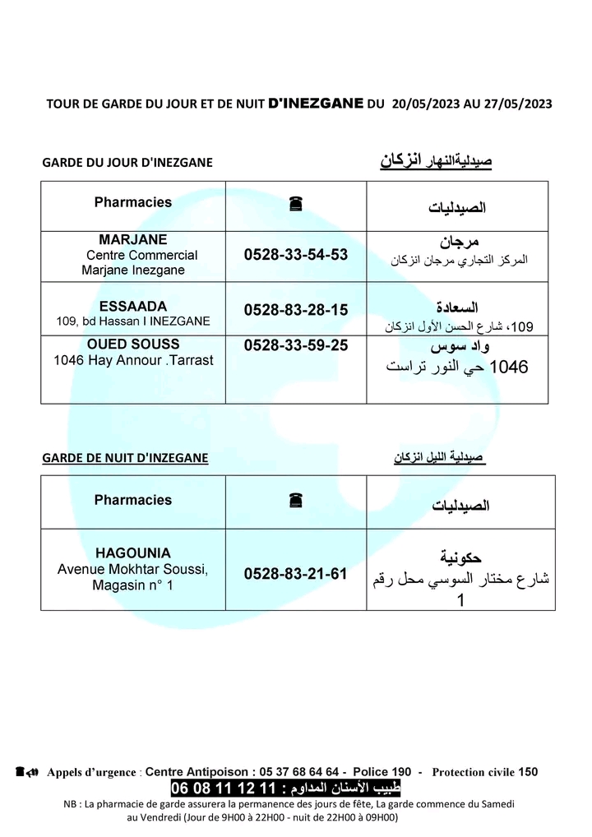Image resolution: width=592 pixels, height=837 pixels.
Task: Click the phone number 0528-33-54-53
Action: pyautogui.click(x=296, y=256)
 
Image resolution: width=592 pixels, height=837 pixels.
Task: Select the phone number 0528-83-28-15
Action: pyautogui.click(x=296, y=310)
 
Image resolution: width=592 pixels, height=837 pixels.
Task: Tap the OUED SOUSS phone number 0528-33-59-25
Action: pyautogui.click(x=296, y=346)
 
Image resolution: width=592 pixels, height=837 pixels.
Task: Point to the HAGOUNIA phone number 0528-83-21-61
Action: pyautogui.click(x=296, y=574)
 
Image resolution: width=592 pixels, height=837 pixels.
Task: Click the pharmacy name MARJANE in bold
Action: pyautogui.click(x=133, y=240)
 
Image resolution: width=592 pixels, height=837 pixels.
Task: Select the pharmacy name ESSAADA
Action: pyautogui.click(x=133, y=306)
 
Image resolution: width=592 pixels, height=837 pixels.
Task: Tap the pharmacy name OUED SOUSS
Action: pyautogui.click(x=133, y=345)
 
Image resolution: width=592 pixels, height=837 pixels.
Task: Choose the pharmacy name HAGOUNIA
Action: pyautogui.click(x=133, y=553)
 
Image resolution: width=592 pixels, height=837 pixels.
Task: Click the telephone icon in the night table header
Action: pyautogui.click(x=296, y=500)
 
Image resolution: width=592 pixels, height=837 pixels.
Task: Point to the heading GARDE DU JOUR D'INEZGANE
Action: pyautogui.click(x=127, y=163)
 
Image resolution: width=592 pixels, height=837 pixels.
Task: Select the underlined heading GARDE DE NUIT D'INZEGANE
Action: pyautogui.click(x=125, y=458)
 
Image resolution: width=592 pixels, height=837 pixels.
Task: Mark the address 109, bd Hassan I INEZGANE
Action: pyautogui.click(x=133, y=321)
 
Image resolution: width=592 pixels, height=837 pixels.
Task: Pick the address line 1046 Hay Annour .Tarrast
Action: pyautogui.click(x=133, y=361)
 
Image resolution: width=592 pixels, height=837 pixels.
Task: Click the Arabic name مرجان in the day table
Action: pyautogui.click(x=459, y=243)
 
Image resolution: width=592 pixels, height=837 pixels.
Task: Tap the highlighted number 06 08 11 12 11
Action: pyautogui.click(x=220, y=788)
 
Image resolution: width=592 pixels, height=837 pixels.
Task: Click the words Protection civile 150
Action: pyautogui.click(x=484, y=772)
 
